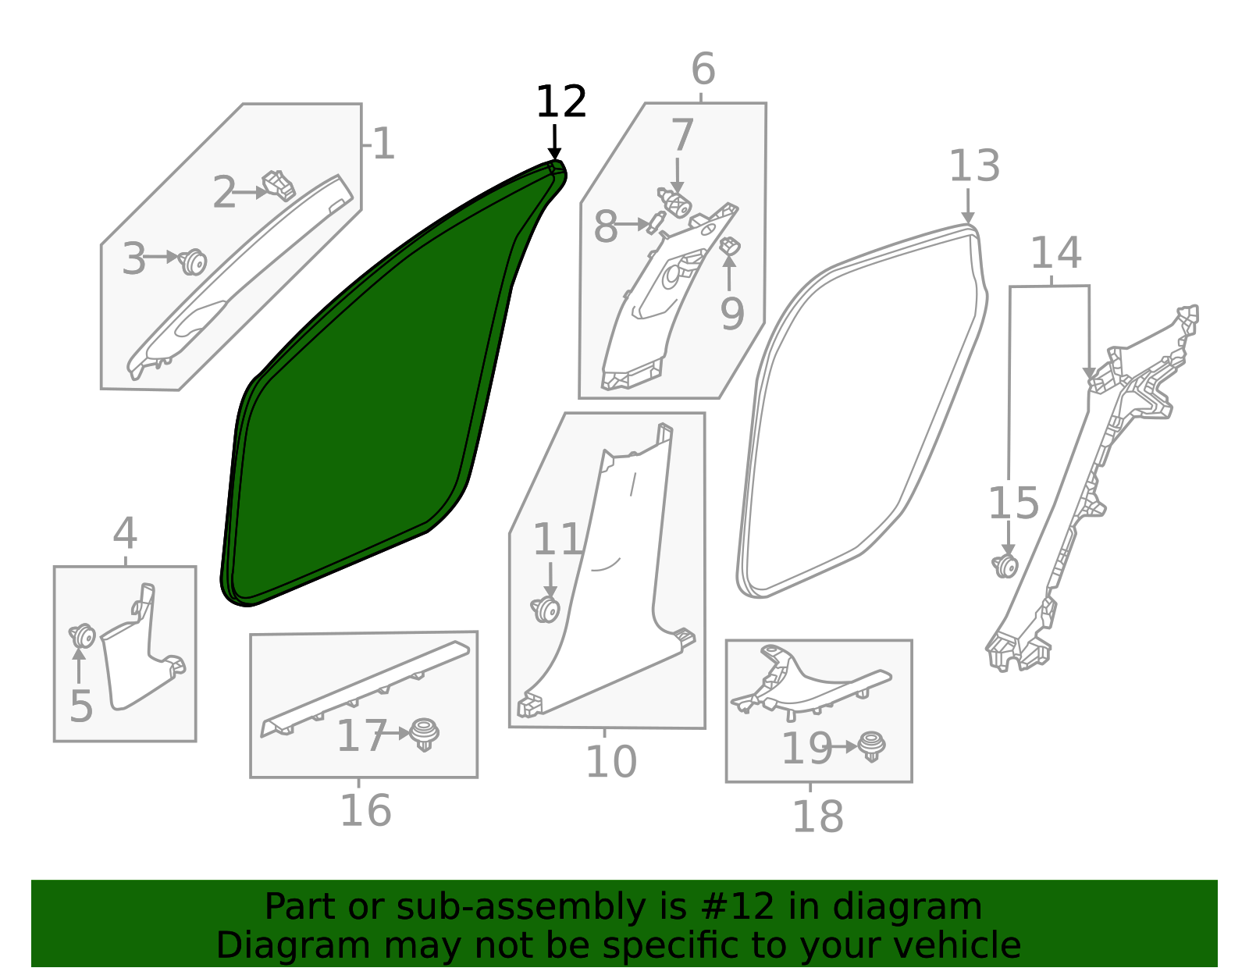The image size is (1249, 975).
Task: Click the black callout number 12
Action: point(560,102)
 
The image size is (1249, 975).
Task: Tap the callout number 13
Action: point(974,166)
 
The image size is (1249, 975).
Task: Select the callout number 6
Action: point(703,69)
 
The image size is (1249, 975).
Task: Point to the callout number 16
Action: point(365,810)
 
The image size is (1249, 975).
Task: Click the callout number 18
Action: point(817,817)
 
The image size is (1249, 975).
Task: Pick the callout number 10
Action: point(610,761)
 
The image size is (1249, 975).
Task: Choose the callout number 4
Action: point(125,534)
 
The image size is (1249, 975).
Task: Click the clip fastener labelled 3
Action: point(192,262)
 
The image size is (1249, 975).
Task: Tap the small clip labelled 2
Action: point(279,185)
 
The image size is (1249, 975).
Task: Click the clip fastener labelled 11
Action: point(546,609)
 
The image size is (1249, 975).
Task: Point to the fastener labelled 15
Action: point(1005,565)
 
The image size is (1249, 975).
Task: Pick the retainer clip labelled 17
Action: point(424,734)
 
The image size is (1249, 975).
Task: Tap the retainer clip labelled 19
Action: point(871,745)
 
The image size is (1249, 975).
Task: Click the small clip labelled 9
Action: point(730,247)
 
